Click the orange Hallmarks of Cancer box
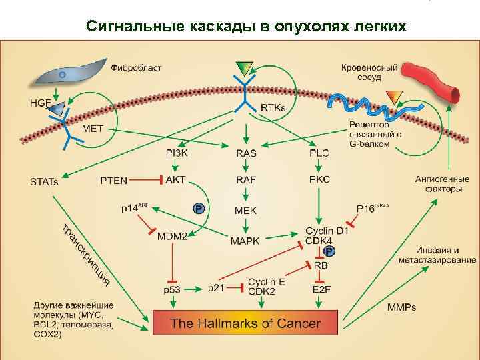point(246,324)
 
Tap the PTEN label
point(113,180)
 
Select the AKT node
point(176,180)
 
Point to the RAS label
point(246,153)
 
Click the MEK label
point(246,211)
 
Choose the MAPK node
point(246,240)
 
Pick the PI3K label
point(177,153)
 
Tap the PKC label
point(319,180)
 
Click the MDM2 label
point(172,236)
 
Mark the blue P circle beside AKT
point(198,209)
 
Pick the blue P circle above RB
point(329,251)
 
